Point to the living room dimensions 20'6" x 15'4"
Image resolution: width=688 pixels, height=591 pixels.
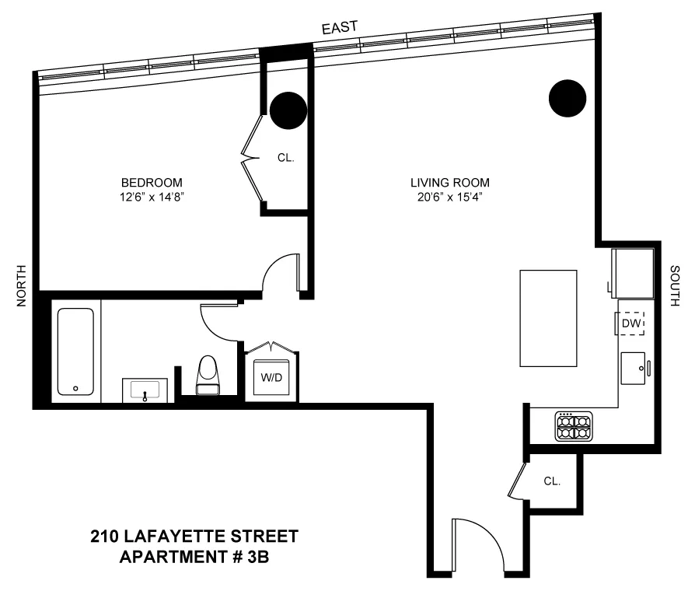coord(450,197)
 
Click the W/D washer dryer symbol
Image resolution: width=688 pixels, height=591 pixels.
coord(271,378)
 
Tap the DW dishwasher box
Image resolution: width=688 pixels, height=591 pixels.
coord(631,322)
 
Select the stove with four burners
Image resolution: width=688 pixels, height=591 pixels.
coord(574,426)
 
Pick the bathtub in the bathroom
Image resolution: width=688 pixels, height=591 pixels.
coord(75,351)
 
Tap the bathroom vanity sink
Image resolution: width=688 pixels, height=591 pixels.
coord(145,390)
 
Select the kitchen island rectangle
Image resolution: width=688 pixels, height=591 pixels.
coord(548,317)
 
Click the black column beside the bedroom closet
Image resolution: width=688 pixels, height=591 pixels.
coord(287,110)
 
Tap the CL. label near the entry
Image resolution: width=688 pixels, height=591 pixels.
coord(552,481)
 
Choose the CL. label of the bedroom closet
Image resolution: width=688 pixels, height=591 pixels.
coord(285,158)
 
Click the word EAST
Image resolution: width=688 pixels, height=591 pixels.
coord(340,27)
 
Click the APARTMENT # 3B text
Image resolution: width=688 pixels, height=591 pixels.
coord(194,557)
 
